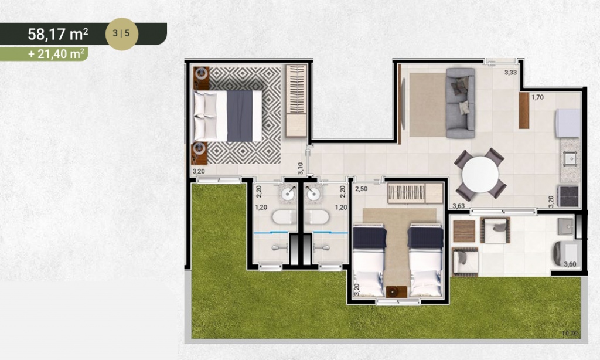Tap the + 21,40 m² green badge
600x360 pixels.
[57, 55]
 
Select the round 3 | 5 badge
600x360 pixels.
[121, 34]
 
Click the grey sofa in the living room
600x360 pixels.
[460, 103]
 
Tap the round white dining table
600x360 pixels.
[480, 174]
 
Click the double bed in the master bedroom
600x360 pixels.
[228, 116]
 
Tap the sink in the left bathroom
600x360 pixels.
[288, 194]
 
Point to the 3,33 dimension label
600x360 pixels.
[510, 73]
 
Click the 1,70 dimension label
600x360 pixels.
[537, 97]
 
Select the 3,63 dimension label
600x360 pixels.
[459, 206]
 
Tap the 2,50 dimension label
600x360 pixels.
[361, 189]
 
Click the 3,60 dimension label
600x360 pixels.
[570, 264]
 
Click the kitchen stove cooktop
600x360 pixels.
[569, 195]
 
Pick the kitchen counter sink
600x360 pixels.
[569, 157]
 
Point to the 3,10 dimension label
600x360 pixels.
[300, 169]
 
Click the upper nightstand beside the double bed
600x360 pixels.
[202, 75]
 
